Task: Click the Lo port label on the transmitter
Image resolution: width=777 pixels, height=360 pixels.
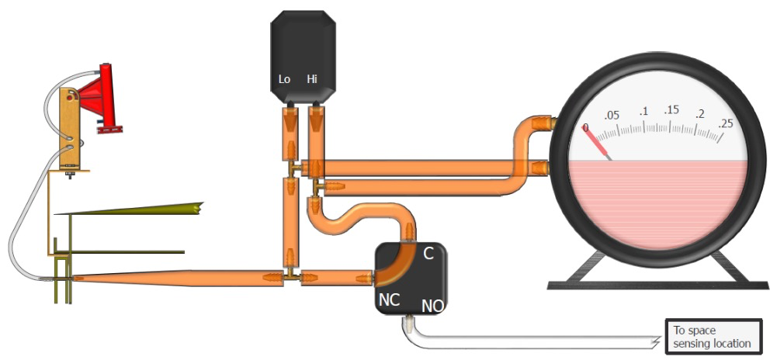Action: [x=284, y=78]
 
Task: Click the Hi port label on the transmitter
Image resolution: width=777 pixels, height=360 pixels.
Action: [x=312, y=78]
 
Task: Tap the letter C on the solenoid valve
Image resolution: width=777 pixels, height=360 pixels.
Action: [x=428, y=254]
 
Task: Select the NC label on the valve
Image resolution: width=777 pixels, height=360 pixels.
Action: [x=390, y=299]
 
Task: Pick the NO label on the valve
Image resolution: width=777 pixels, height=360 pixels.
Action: [x=432, y=306]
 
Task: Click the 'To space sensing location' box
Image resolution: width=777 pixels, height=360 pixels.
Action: [x=713, y=337]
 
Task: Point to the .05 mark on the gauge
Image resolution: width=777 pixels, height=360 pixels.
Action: [x=612, y=116]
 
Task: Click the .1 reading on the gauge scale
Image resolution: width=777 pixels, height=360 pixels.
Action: [x=643, y=112]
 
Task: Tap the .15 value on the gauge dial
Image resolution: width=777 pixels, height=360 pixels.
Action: [x=671, y=110]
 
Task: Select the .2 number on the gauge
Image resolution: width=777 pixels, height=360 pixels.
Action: [x=699, y=115]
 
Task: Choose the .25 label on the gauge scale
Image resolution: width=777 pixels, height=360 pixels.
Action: [x=726, y=123]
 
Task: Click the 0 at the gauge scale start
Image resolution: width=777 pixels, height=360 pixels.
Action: [x=585, y=128]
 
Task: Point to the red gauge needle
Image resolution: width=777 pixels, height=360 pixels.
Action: [x=598, y=143]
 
